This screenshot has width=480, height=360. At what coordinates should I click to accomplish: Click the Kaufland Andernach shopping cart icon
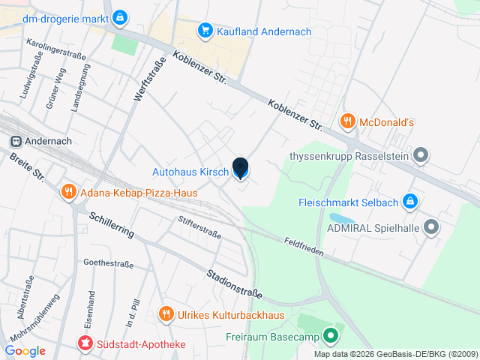[x=204, y=31]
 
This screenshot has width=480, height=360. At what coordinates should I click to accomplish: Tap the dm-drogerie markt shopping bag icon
[x=121, y=16]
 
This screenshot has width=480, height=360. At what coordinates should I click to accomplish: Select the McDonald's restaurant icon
[x=347, y=121]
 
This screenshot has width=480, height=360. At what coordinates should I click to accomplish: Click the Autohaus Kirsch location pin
[x=240, y=169]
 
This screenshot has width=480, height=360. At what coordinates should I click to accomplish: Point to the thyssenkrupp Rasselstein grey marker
[x=421, y=157]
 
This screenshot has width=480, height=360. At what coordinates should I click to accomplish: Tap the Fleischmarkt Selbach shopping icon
[x=409, y=201]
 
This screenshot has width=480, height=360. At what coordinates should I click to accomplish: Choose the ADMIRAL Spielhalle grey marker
[x=431, y=226]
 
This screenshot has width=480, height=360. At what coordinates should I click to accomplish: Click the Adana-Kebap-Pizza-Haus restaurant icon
[x=68, y=192]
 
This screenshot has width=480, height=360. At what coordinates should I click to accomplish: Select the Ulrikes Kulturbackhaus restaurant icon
[x=166, y=314]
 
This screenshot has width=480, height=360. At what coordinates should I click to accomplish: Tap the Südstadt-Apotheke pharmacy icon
[x=85, y=344]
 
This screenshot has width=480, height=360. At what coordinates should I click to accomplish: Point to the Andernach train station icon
[x=15, y=141]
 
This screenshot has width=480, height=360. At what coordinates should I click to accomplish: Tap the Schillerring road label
[x=111, y=224]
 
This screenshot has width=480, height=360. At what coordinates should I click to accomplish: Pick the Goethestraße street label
[x=108, y=263]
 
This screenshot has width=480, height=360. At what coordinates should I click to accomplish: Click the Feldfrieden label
[x=304, y=247]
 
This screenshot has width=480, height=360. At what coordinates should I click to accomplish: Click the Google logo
[x=25, y=350]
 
